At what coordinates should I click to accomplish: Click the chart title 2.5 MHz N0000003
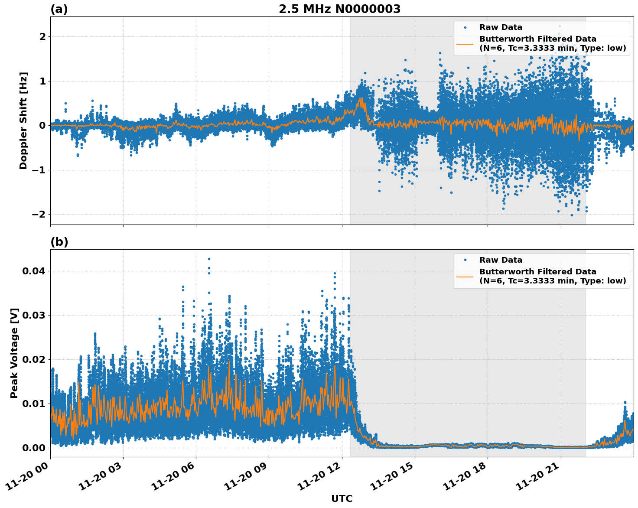click(x=339, y=9)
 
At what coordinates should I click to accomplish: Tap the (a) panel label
click(x=59, y=9)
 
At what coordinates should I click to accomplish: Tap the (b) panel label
click(x=59, y=242)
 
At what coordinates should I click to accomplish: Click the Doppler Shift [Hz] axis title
click(x=23, y=120)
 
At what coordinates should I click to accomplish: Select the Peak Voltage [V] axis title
click(x=14, y=353)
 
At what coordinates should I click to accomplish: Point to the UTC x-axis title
click(x=342, y=498)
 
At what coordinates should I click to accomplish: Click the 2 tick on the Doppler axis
click(x=42, y=37)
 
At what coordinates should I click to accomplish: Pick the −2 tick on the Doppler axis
click(x=39, y=215)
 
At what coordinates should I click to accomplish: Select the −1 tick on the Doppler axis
click(x=39, y=170)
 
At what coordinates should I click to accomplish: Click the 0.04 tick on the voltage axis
click(x=33, y=271)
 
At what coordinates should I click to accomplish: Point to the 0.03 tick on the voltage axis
click(x=33, y=316)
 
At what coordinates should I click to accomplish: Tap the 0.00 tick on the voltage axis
click(x=33, y=448)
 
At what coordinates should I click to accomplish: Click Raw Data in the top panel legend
click(x=501, y=27)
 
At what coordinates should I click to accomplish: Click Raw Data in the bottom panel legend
click(x=501, y=260)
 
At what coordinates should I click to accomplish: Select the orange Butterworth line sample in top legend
click(x=465, y=44)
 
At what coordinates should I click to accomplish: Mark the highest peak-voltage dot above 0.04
click(x=209, y=259)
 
